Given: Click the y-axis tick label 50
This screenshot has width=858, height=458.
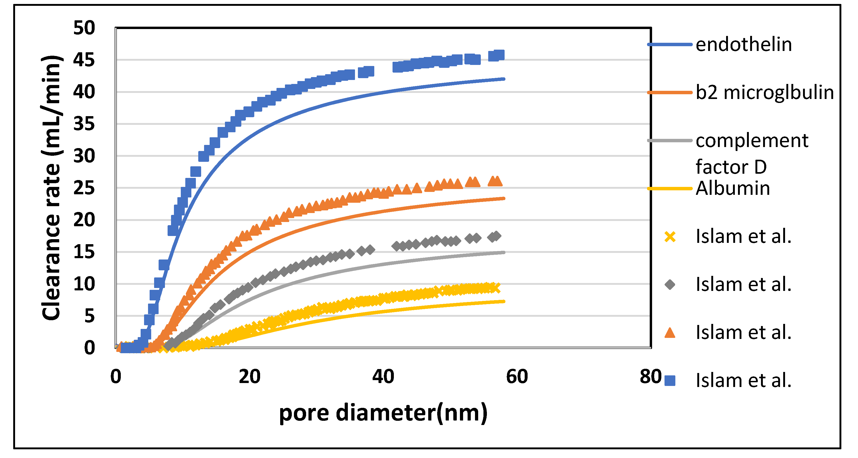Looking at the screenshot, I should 84,28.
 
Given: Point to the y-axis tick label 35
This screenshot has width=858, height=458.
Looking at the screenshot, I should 84,124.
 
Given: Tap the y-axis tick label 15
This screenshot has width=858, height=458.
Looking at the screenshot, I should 84,252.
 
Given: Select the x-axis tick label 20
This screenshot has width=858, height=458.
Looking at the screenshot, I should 250,377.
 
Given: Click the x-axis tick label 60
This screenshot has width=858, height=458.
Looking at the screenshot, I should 516,377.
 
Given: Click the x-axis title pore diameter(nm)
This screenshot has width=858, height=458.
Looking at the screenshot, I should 383,413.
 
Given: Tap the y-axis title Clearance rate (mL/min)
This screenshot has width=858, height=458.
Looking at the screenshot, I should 52,188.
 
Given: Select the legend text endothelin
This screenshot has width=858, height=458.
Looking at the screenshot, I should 744,45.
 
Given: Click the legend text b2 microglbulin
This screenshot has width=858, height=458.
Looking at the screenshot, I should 764,92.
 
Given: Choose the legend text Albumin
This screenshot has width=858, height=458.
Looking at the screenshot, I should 733,188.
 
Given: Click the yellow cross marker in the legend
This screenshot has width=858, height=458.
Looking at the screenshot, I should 670,237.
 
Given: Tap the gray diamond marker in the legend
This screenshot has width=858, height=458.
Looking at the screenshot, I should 670,285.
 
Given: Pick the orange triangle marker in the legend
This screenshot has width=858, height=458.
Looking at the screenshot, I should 670,333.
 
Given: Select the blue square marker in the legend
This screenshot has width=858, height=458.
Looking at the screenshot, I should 670,380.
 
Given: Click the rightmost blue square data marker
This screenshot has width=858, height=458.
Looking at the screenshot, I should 499,55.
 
